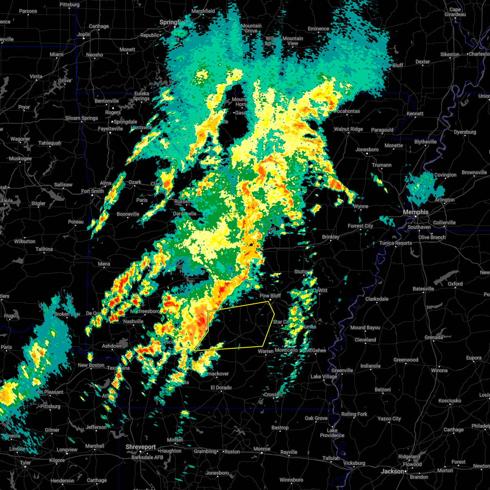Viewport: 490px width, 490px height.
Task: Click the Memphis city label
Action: pos(416,212)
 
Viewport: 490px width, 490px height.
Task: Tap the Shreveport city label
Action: pos(140,447)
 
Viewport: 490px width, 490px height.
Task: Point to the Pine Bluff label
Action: pos(270,296)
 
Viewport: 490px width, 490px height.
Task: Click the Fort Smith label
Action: pos(93,191)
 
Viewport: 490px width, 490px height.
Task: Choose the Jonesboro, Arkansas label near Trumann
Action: pos(367,149)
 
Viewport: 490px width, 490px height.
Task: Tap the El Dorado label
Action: pos(221,388)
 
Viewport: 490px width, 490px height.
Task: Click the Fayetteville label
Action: pos(110,129)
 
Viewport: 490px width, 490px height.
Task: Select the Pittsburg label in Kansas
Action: pos(69,4)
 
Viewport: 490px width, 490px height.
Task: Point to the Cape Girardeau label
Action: pos(454,12)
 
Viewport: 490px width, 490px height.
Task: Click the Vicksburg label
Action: pos(354,463)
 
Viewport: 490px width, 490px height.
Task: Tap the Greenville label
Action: pos(342,370)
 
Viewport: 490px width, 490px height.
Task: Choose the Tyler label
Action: pos(25,463)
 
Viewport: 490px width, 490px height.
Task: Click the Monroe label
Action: pos(262,449)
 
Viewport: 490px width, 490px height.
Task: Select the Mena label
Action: pos(104,264)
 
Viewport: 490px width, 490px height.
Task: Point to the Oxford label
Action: pos(455,284)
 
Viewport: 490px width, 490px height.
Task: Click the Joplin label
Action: pos(84,34)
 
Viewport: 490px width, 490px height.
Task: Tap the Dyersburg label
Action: pos(465,132)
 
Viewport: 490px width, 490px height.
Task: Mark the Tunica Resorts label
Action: pos(396,243)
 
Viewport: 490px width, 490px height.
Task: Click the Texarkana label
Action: pos(118,368)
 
